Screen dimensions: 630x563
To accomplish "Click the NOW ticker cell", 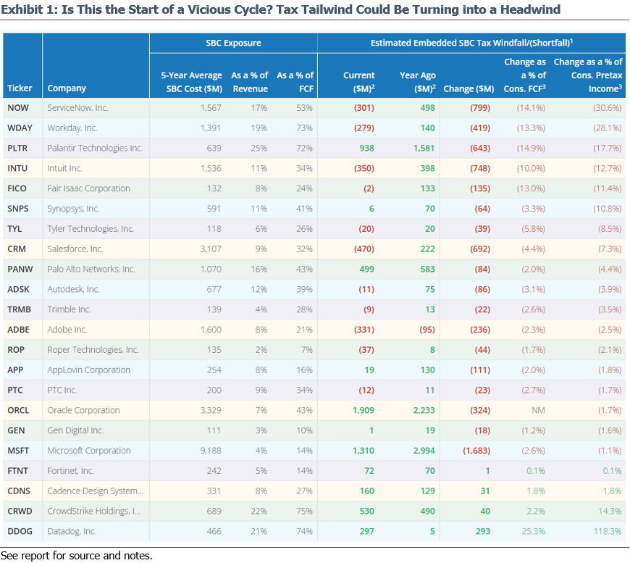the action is (x=18, y=108).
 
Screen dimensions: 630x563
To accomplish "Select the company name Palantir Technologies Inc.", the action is (x=95, y=148).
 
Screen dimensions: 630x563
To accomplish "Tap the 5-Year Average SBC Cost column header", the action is (x=192, y=82).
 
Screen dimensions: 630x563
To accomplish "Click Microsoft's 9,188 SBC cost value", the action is (x=211, y=451).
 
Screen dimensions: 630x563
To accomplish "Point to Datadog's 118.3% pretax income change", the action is (x=608, y=531).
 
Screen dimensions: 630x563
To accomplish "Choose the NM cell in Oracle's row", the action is (x=538, y=410).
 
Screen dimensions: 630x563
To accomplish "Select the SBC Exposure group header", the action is (x=233, y=43).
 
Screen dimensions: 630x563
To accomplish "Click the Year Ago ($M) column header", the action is (x=418, y=82).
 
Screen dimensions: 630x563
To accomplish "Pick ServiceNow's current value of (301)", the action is (x=364, y=108).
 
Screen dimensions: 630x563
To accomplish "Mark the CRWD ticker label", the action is (x=20, y=511).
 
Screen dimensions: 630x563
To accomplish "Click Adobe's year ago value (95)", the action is (x=427, y=330).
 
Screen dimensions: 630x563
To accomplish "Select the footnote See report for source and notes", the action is (x=76, y=556).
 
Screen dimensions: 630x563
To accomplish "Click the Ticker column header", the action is (x=20, y=88).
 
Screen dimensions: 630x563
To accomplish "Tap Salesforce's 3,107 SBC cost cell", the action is (x=211, y=249).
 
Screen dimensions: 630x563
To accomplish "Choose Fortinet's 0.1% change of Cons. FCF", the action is (x=536, y=471).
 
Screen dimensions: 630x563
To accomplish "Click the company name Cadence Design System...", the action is (x=95, y=491).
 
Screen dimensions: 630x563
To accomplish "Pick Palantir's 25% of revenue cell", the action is (x=259, y=148).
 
